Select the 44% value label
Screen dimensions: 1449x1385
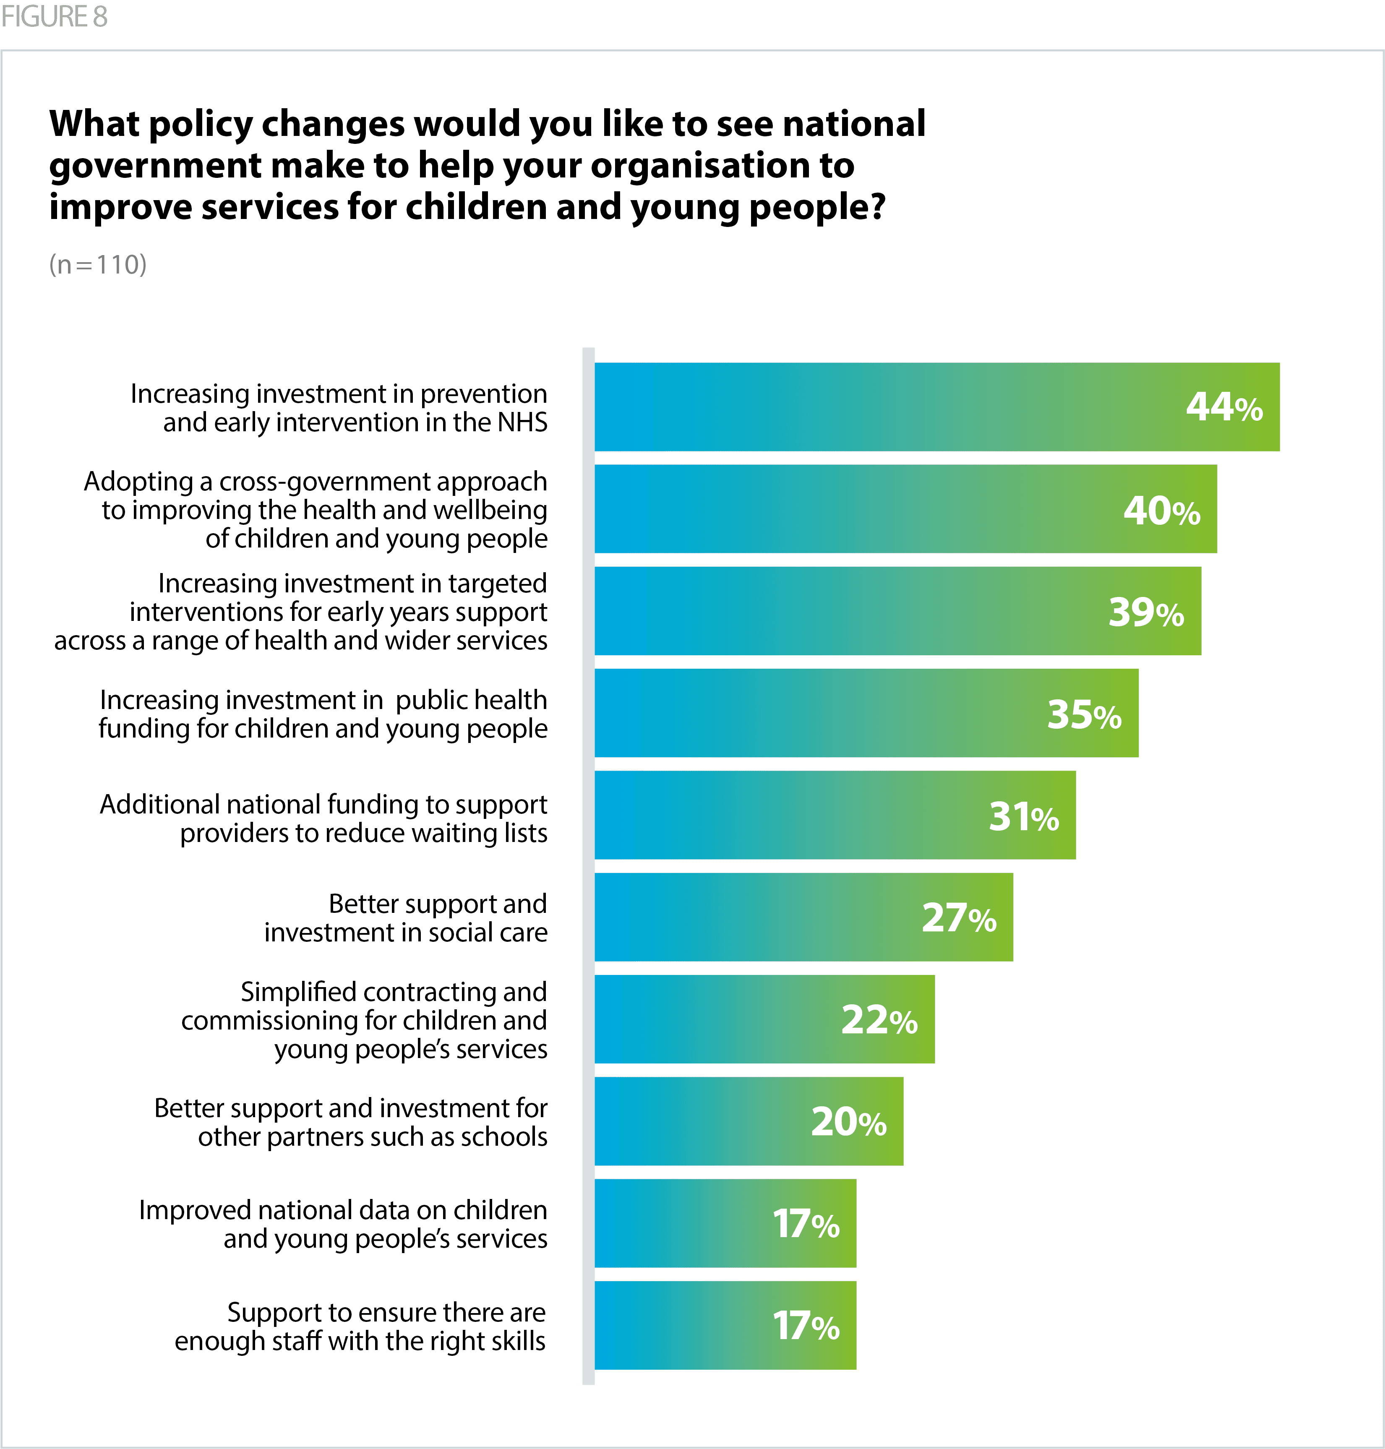click(1224, 407)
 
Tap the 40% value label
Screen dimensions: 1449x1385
click(1161, 510)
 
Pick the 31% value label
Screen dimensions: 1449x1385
click(1023, 816)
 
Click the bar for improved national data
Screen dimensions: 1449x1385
click(725, 1223)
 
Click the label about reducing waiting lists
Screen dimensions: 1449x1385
click(323, 818)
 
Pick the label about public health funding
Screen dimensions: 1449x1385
click(323, 714)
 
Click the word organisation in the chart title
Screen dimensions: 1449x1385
click(722, 165)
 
